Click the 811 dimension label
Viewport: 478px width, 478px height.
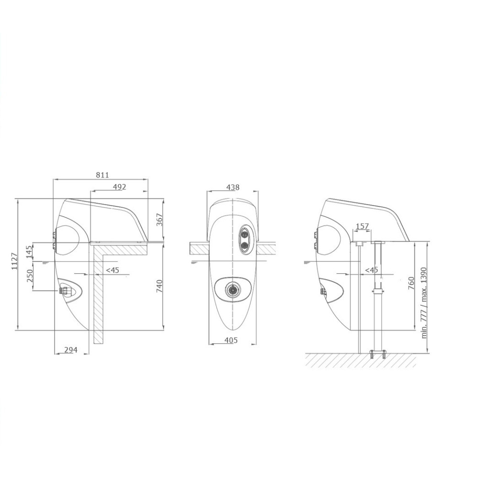(102, 175)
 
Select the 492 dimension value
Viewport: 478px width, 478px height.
(119, 187)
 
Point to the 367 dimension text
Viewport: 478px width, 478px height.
(160, 219)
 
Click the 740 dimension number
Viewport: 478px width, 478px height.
(160, 286)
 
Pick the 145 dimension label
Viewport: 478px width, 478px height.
(29, 252)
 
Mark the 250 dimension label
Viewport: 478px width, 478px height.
(30, 276)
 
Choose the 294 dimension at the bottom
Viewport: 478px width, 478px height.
(71, 350)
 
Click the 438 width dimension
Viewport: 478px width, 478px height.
(233, 187)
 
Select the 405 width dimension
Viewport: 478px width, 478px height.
(231, 340)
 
